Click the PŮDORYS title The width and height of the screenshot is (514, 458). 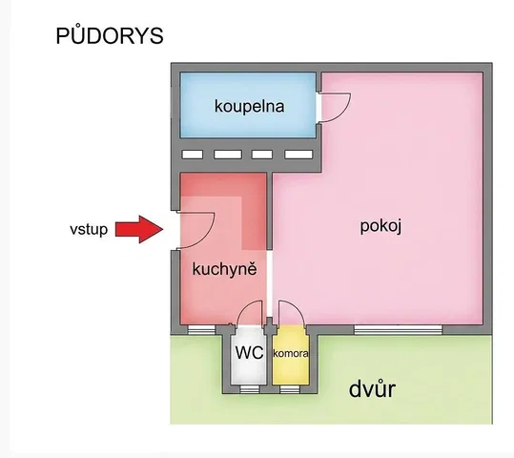point(110,35)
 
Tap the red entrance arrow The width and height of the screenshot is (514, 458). point(139,229)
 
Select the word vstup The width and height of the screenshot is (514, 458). point(89,229)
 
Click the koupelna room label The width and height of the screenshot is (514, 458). point(249,106)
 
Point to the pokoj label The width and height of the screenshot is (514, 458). point(380,226)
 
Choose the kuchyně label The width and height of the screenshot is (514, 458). point(224,269)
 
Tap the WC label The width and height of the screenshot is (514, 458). point(249,353)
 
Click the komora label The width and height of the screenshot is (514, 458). point(291,353)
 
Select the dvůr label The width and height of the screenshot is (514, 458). point(372,388)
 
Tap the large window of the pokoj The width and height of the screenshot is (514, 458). point(399,329)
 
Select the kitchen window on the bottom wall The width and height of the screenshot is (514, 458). point(201,329)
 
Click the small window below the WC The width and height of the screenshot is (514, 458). point(250,389)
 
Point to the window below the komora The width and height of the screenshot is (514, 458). point(290,389)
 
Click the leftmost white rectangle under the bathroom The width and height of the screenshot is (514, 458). point(193,155)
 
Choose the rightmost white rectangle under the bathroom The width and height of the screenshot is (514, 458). point(298,155)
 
